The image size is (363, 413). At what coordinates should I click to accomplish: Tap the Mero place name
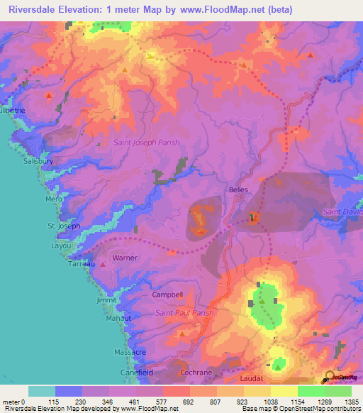[x=55, y=199]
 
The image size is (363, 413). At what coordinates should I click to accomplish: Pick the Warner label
[x=125, y=258]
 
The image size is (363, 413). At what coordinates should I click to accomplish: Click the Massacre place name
[x=130, y=352]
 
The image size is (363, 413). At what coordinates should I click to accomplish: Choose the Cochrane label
[x=191, y=372]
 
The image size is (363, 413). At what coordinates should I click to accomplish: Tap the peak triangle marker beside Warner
[x=104, y=264]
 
